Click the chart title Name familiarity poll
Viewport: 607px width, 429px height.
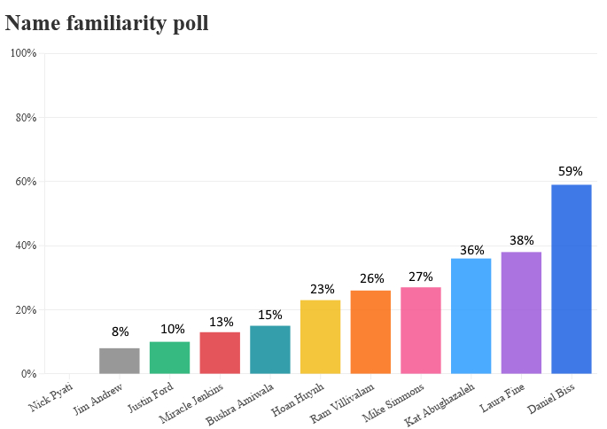point(107,23)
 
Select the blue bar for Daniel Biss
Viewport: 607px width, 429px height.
point(571,279)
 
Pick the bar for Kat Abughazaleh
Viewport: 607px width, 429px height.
point(471,316)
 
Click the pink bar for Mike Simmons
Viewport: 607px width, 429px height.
point(421,331)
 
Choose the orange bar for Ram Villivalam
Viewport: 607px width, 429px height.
point(370,332)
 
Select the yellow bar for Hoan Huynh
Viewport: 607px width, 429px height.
point(320,337)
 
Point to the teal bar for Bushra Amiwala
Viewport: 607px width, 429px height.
point(270,350)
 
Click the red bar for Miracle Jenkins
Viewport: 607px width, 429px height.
point(220,353)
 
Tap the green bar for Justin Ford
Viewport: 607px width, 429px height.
point(169,358)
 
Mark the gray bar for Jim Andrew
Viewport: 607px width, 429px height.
point(120,361)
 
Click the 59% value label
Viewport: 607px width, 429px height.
point(571,171)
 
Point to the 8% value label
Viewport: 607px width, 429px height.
point(120,332)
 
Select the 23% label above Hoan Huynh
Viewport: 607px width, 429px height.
point(320,289)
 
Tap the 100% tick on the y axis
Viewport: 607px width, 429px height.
point(23,53)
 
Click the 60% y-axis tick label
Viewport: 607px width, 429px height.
point(26,182)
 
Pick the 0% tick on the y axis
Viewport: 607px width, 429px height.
point(28,374)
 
